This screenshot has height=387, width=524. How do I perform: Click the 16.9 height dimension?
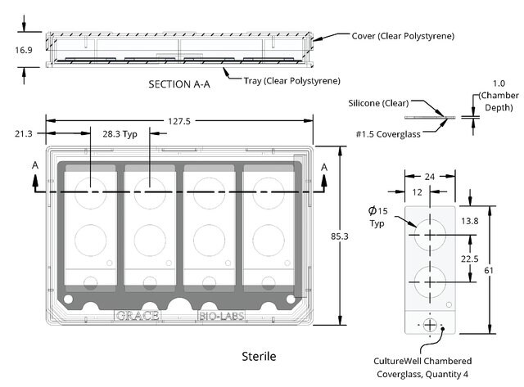point(24,50)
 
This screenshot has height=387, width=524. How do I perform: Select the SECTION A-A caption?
point(179,84)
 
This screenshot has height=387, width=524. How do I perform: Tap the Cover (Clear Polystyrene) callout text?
point(403,36)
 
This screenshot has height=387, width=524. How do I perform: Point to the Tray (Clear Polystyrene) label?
point(291,81)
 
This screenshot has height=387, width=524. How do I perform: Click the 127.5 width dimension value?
point(179,121)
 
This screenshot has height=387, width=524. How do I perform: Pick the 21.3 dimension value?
point(24,134)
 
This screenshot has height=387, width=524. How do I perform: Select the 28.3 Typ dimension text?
point(120,134)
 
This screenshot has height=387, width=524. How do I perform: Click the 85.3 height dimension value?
point(340,236)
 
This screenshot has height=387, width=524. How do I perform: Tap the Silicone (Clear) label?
point(378,103)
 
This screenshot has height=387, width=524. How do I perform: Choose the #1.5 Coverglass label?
point(388,134)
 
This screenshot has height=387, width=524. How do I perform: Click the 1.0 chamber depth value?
point(499,83)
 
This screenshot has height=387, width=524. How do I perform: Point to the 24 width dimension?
point(430,177)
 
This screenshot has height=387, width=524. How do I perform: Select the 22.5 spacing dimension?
point(469,259)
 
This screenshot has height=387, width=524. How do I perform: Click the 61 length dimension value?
point(489,271)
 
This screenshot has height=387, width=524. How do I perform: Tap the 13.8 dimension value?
point(469,221)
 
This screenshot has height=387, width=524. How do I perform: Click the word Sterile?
point(259,356)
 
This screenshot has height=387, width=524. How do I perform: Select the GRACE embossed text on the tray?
point(138,316)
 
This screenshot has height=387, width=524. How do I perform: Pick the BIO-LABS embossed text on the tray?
point(221,316)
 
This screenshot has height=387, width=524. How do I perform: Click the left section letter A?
point(35,165)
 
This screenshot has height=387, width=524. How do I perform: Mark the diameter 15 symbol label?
point(378,211)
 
